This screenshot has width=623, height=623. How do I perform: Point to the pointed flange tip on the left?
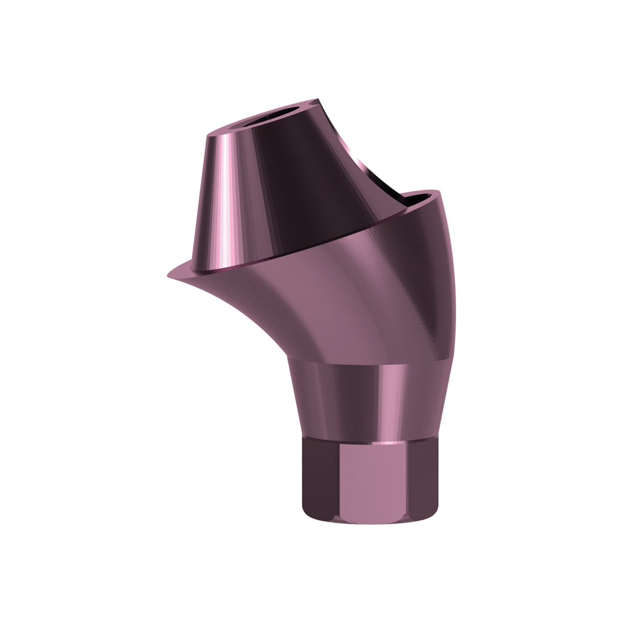pos(171,275)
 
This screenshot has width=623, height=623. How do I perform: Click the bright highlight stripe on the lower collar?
pos(388,400)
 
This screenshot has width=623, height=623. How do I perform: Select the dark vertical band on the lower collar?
pos(347,400)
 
